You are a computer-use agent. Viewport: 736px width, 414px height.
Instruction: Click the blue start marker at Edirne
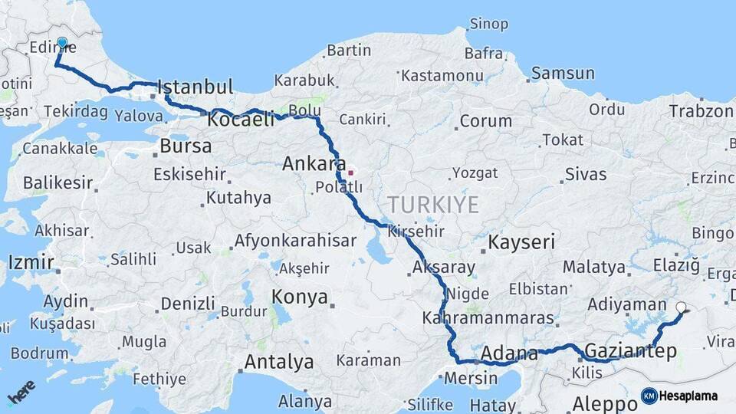(62, 43)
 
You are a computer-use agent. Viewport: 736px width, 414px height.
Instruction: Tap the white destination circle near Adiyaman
(682, 308)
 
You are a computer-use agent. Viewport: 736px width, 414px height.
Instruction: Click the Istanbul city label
(195, 87)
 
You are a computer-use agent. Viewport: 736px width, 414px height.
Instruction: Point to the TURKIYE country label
(433, 205)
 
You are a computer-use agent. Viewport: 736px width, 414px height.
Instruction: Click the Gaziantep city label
(631, 351)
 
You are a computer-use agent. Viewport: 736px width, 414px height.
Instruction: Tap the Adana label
(509, 354)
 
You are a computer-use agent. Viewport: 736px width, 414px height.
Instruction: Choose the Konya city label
(301, 297)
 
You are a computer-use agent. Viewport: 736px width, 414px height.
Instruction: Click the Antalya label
(278, 361)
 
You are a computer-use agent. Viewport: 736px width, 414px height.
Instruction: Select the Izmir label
(31, 262)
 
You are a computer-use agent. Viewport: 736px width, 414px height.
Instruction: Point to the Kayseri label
(521, 243)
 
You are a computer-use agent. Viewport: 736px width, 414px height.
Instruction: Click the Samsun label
(563, 74)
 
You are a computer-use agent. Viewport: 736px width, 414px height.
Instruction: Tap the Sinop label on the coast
(488, 24)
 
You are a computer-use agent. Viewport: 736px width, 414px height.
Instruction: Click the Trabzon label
(701, 110)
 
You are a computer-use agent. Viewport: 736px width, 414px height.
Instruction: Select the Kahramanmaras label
(488, 317)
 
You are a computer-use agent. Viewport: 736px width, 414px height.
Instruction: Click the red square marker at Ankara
(350, 172)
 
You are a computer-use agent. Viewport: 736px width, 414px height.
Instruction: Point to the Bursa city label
(186, 146)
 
